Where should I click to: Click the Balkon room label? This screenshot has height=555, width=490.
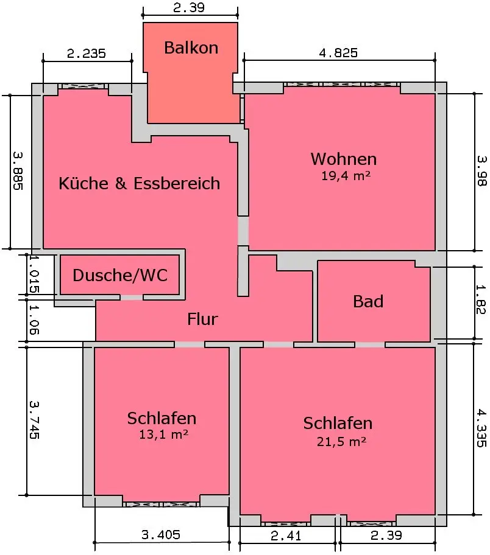[x=191, y=48]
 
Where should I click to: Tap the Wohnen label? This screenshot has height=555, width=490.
[x=344, y=159]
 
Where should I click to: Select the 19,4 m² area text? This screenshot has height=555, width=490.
[x=346, y=176]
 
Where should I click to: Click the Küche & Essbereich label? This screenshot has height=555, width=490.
[x=139, y=183]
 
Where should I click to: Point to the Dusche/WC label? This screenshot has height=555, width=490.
[x=120, y=276]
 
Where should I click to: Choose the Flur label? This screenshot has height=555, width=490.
[x=202, y=319]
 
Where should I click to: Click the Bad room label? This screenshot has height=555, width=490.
[x=368, y=301]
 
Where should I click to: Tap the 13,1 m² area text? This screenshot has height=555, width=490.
[x=162, y=435]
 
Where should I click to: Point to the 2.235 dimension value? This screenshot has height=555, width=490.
[x=87, y=54]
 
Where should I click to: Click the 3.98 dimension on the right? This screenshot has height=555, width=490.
[x=482, y=171]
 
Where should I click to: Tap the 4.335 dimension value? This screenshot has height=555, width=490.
[x=482, y=428]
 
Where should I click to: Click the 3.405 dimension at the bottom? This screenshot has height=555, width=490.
[x=161, y=536]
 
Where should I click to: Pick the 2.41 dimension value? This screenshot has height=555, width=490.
[x=287, y=536]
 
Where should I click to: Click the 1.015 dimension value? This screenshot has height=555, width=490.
[x=34, y=273]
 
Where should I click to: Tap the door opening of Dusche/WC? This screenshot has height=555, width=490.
[x=131, y=298]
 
